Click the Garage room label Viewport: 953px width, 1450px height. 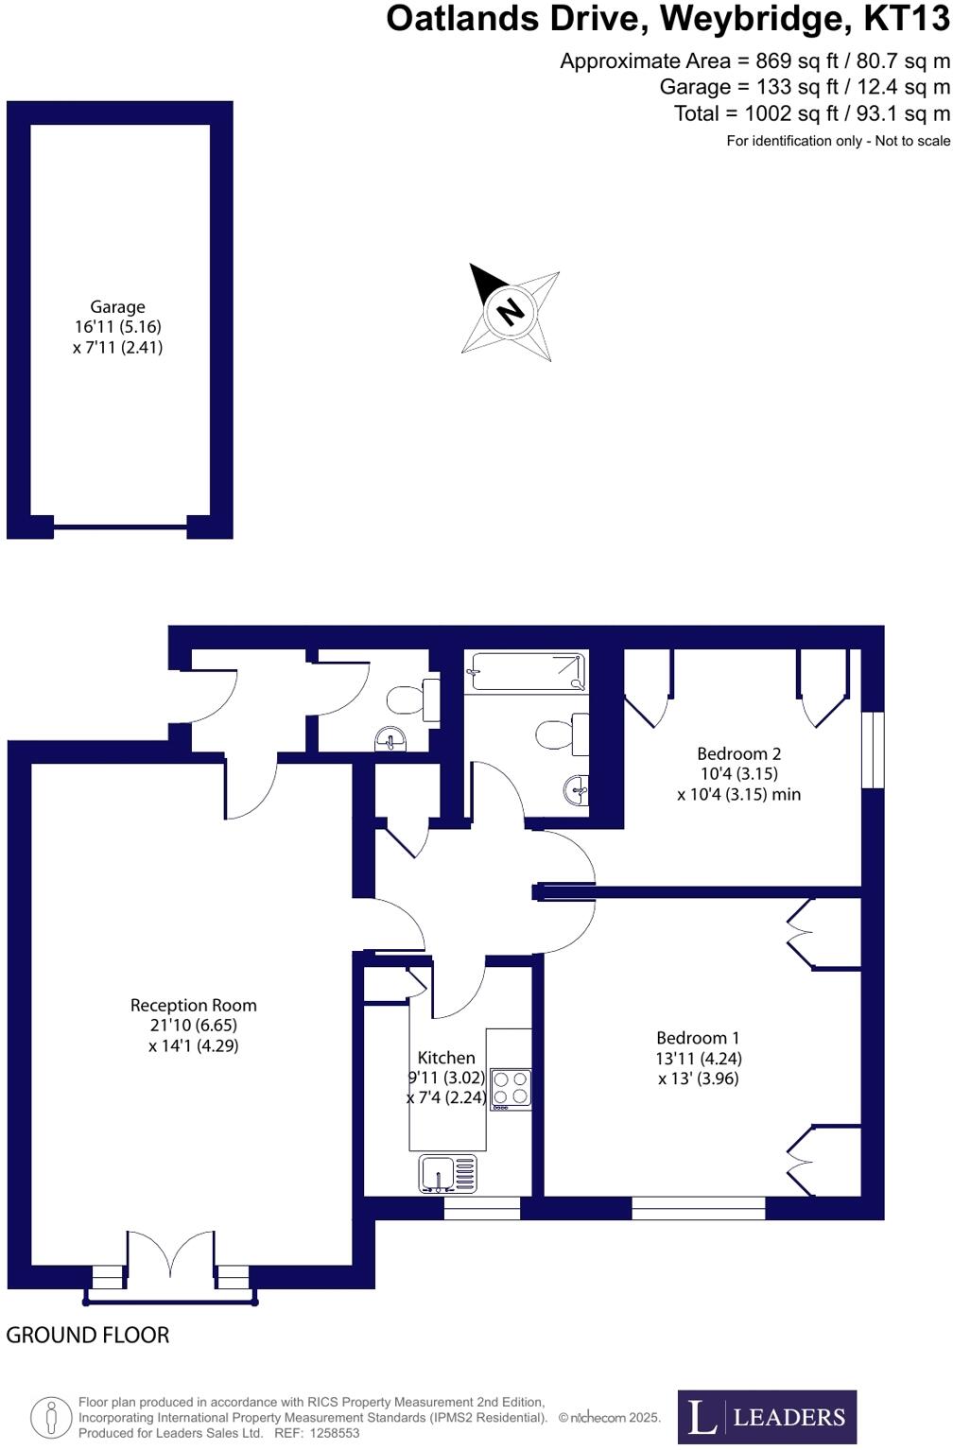[117, 307]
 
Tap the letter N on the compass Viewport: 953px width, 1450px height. [511, 310]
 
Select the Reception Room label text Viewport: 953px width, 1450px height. [193, 1006]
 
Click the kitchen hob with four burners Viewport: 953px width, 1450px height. [511, 1088]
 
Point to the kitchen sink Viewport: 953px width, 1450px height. [447, 1174]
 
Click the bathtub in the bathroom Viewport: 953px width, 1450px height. [526, 672]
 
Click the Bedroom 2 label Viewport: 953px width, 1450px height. [738, 754]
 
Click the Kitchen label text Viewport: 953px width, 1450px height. [446, 1058]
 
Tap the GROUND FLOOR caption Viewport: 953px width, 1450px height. [88, 1335]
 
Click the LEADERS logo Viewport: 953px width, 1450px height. [767, 1417]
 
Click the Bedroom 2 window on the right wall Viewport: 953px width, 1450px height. [873, 750]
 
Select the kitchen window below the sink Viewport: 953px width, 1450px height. [482, 1208]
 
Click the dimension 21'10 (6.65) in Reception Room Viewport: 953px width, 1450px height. [193, 1026]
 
